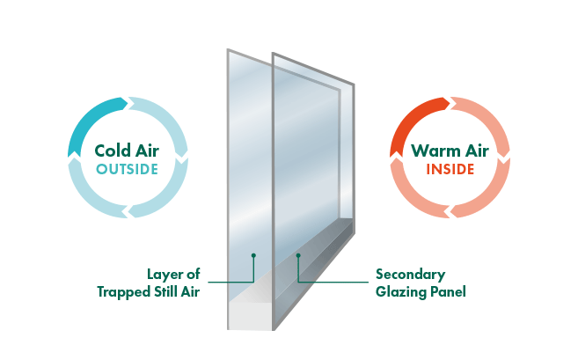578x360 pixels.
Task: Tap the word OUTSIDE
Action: pos(128,169)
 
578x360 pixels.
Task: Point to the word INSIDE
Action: pos(450,169)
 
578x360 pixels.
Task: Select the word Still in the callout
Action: pos(166,291)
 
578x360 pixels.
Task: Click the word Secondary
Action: pos(410,275)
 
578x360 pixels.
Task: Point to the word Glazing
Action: pos(400,292)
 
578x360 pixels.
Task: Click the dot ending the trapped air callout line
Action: pos(253,255)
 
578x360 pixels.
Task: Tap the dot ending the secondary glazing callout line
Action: pos(298,255)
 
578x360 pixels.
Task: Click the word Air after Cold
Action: pos(147,151)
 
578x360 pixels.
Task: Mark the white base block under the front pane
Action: pos(251,316)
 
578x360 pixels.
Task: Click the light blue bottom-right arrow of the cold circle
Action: pos(162,194)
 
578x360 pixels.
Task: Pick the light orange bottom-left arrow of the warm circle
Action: pos(414,194)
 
